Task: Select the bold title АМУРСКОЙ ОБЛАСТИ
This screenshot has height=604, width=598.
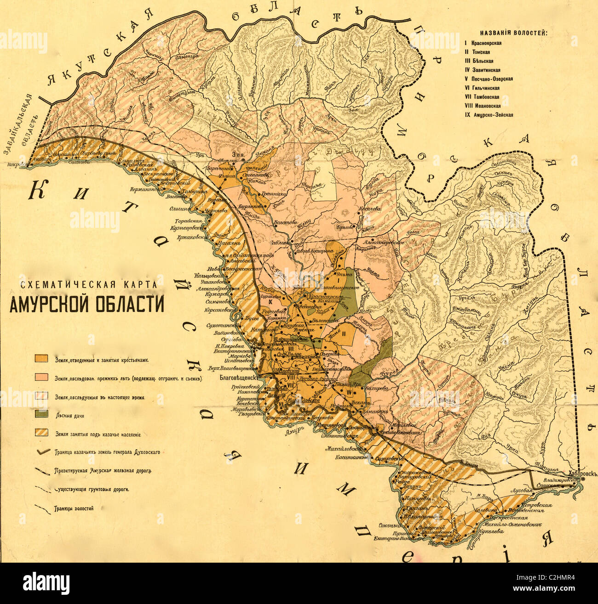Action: tap(86, 305)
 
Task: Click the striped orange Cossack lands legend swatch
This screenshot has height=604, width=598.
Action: tap(42, 433)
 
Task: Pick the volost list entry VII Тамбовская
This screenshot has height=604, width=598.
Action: tap(482, 97)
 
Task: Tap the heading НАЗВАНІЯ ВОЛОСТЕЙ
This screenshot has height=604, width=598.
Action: tap(513, 33)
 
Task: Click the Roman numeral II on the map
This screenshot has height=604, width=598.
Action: tap(344, 334)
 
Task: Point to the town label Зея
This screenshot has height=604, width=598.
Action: tap(238, 155)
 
